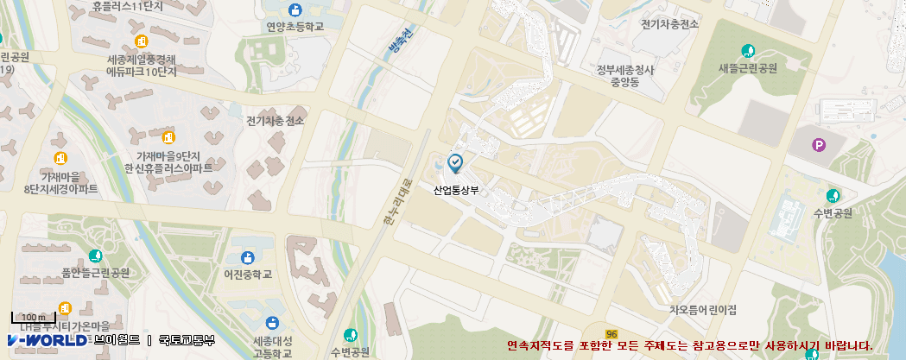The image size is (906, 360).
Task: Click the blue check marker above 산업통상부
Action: point(455,161)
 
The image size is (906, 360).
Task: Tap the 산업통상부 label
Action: point(455,191)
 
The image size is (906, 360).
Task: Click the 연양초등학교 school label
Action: point(295,27)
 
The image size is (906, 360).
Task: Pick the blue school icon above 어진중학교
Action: point(248,257)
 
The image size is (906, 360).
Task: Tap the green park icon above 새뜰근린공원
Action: point(748,51)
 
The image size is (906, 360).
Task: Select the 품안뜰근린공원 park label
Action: point(95,273)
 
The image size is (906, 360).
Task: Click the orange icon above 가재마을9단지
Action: point(168,138)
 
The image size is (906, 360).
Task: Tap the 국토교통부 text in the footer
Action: point(186,340)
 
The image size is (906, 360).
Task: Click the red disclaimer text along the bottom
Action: point(690,345)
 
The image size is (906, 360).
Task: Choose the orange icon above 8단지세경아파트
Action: point(60,158)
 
